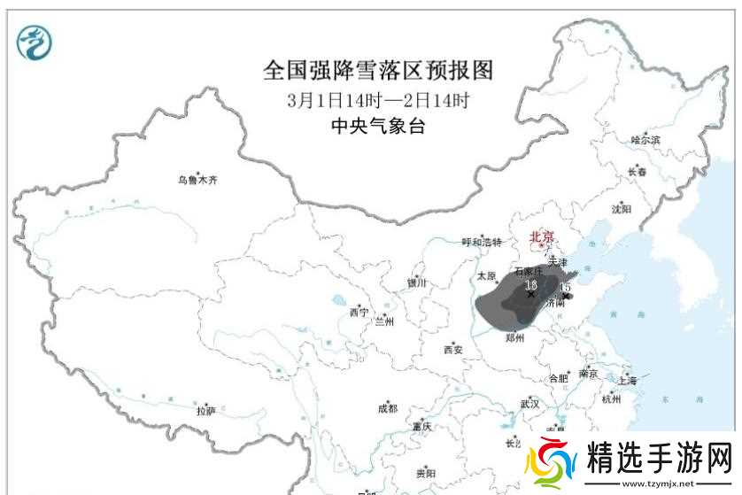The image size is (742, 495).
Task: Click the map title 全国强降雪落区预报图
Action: pos(377,70)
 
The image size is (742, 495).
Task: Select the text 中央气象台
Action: pos(377,126)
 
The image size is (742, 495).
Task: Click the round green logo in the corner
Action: pos(35,42)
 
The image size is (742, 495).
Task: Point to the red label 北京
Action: pos(541,236)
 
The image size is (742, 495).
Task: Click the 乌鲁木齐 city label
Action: pos(197,181)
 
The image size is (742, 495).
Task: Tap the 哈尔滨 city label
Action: pos(645,140)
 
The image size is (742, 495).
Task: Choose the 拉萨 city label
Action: pos(205,411)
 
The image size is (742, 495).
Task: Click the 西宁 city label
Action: pos(358,313)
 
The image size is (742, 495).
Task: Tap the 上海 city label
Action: pos(628,381)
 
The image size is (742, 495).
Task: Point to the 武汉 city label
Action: pos(530,404)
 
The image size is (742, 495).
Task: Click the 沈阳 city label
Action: pos(622,210)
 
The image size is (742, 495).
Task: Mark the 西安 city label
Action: pos(452,349)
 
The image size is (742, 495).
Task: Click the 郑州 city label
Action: pos(516,337)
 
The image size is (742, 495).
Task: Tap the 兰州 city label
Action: pos(386,321)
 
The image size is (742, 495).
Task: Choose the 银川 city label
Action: pos(416,283)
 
